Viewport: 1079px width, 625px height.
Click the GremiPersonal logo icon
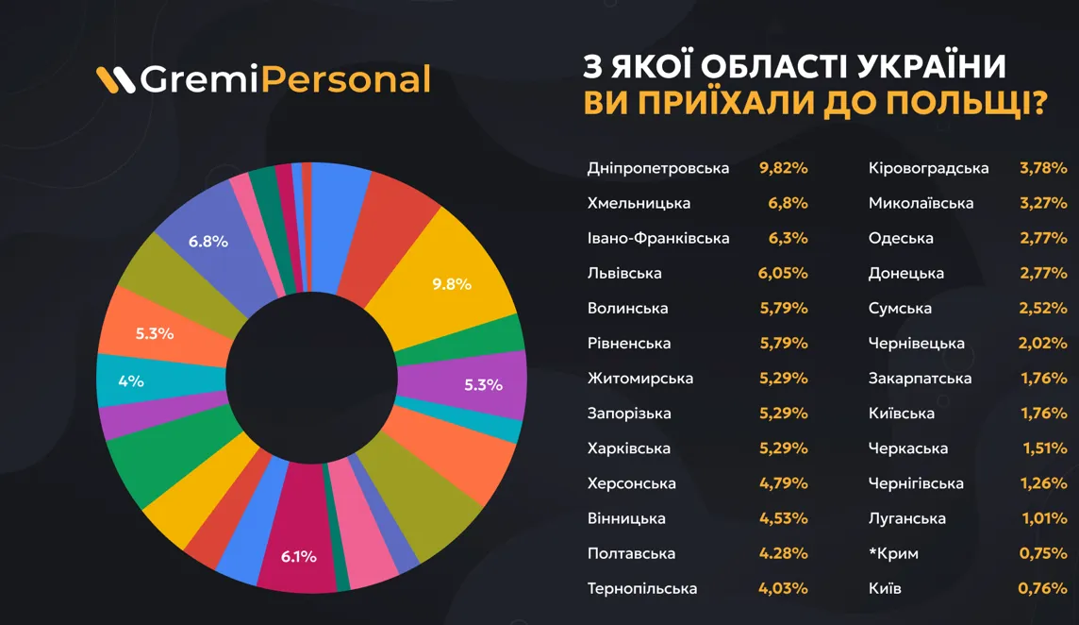(116, 80)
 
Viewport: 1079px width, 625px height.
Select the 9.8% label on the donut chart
(451, 283)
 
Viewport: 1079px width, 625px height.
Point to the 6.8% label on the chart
(207, 241)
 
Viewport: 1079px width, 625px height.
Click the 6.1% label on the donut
(298, 556)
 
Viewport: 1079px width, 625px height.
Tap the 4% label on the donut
(131, 381)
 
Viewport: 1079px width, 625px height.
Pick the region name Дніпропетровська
(657, 168)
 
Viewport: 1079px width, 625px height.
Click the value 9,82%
(784, 168)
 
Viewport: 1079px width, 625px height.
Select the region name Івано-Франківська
(657, 238)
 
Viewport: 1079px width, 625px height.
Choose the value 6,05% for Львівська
(784, 273)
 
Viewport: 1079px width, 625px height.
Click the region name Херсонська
(631, 483)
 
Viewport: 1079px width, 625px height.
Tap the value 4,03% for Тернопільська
(784, 588)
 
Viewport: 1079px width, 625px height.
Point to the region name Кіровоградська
(928, 168)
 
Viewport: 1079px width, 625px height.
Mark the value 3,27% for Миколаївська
(1043, 203)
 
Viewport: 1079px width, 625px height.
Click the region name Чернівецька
(916, 344)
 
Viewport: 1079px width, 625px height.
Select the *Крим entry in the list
(893, 553)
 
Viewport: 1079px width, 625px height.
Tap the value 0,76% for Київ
(1043, 588)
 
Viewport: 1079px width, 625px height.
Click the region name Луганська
(906, 518)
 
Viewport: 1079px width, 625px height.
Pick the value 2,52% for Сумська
(1043, 309)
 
